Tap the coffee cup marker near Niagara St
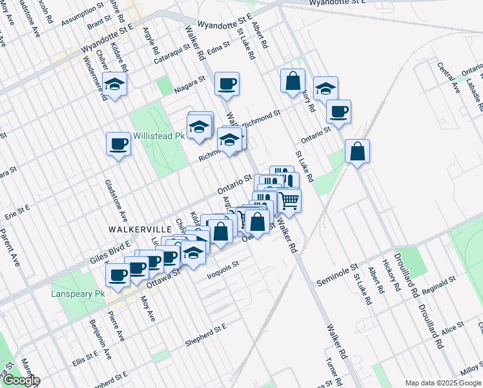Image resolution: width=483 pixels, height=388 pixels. coord(227,83)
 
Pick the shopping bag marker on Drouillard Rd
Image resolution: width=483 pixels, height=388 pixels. coord(357,152)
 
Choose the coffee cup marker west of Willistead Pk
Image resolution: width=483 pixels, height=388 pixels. coord(119,144)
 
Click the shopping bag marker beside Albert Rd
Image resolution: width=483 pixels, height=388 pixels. coord(293,81)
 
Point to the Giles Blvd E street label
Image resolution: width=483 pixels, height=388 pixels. coord(107,254)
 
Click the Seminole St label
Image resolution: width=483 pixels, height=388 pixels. coord(337,276)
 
